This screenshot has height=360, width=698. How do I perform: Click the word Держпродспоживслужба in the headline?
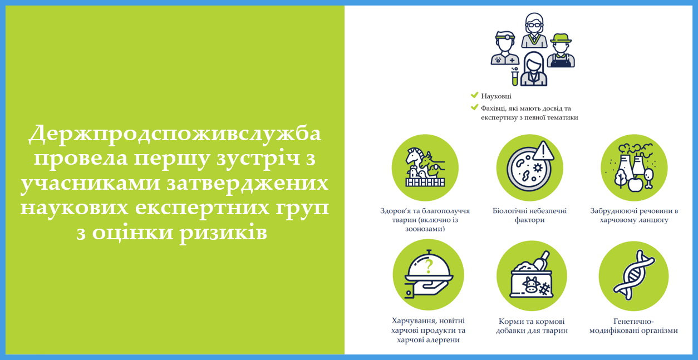click(x=175, y=135)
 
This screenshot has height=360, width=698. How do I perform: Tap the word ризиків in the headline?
click(x=223, y=233)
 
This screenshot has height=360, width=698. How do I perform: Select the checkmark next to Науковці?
click(x=474, y=95)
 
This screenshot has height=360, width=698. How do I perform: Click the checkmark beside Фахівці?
click(x=474, y=107)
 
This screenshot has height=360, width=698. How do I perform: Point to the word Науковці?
click(x=496, y=96)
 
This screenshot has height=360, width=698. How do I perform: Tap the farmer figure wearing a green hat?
click(x=561, y=51)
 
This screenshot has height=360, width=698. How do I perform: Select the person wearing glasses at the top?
click(x=534, y=30)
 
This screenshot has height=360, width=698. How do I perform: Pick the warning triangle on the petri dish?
click(x=543, y=151)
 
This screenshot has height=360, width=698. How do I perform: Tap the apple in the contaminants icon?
click(x=635, y=184)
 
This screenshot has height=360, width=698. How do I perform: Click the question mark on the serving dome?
click(x=429, y=267)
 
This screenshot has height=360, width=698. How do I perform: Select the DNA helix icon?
click(x=633, y=275)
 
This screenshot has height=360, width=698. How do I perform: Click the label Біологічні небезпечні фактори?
click(x=529, y=215)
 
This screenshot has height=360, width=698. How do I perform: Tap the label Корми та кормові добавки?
click(x=532, y=326)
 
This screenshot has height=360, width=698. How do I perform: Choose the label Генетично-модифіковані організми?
click(x=633, y=326)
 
